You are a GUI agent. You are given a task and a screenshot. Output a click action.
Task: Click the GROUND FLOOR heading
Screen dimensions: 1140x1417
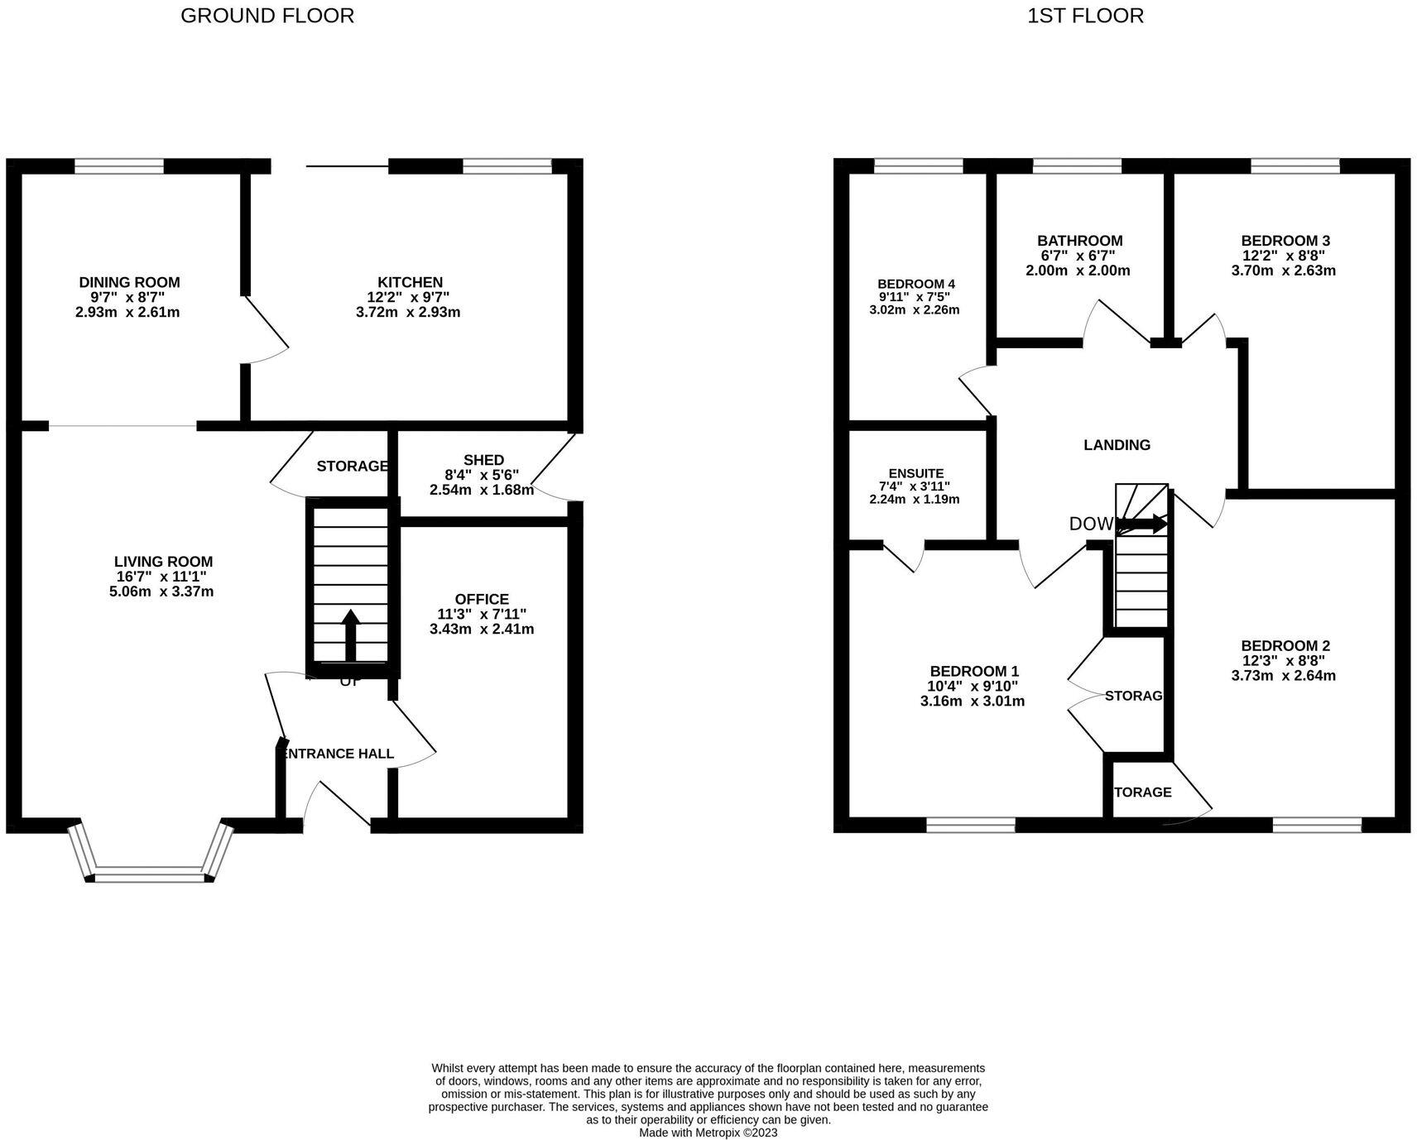point(267,15)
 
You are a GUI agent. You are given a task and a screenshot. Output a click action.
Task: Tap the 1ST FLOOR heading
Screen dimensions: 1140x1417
point(1085,15)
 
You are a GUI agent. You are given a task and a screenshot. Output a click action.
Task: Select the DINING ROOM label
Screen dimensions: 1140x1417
point(129,282)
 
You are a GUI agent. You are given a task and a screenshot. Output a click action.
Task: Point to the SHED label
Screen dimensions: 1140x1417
point(483,460)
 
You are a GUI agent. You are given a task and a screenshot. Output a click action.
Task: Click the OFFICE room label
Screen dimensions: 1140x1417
point(482,599)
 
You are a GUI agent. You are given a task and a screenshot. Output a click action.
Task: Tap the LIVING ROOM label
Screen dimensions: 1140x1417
point(164,562)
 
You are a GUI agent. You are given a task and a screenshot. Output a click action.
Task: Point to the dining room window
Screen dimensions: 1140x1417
point(119,166)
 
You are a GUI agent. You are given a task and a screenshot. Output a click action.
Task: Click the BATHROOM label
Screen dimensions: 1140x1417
point(1079,241)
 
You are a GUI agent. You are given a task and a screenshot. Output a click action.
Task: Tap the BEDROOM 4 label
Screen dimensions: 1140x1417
point(916,284)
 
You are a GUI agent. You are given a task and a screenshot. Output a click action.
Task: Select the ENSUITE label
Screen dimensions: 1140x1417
point(916,473)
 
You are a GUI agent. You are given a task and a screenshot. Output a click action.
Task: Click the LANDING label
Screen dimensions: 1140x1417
point(1117,445)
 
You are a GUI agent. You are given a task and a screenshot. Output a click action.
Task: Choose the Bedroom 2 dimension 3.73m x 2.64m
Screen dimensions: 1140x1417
point(1283,675)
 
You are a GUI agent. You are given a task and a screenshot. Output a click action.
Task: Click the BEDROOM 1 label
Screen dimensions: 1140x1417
point(973,671)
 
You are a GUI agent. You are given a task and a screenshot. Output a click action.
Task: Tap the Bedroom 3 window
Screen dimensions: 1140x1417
point(1295,166)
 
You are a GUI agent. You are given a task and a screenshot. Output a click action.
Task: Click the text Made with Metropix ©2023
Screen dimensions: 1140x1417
point(708,1133)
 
